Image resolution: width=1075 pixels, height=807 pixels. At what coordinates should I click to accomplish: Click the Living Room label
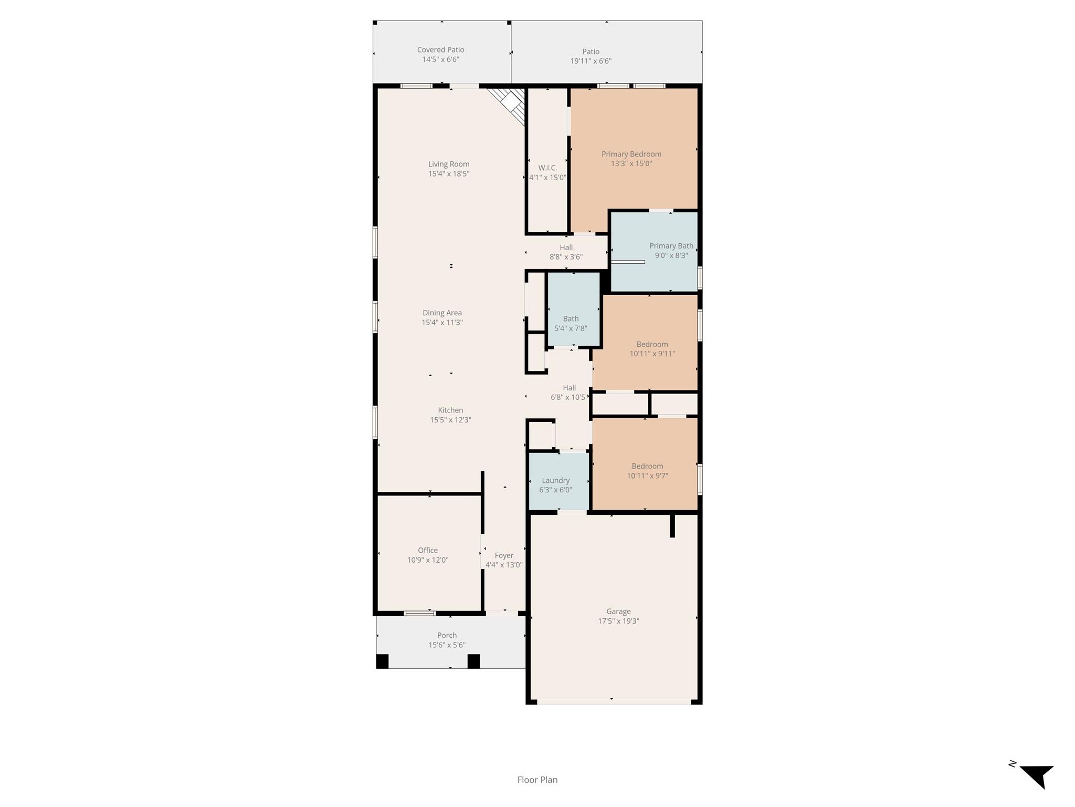(448, 164)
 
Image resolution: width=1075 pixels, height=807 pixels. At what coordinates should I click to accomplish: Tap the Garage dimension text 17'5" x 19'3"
(618, 621)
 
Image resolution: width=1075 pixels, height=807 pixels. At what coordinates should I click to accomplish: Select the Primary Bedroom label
(631, 154)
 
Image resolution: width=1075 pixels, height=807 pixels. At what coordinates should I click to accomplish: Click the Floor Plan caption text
(537, 780)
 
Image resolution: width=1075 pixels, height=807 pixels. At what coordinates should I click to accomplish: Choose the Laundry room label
(555, 480)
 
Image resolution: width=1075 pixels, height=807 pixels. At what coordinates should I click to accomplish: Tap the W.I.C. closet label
(547, 168)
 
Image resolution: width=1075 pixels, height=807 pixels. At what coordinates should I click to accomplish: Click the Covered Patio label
(440, 50)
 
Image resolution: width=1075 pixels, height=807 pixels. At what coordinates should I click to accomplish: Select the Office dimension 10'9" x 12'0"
(428, 560)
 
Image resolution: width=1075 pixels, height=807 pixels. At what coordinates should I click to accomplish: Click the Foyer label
(504, 555)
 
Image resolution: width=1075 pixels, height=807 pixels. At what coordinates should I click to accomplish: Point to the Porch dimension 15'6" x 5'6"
(447, 645)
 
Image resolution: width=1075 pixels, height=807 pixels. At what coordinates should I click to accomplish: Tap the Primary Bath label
(671, 246)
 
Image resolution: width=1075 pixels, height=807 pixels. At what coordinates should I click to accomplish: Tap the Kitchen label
(450, 410)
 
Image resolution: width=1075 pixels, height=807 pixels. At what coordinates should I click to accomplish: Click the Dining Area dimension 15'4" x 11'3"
(442, 323)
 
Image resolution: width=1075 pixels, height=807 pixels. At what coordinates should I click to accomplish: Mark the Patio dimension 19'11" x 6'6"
(591, 61)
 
